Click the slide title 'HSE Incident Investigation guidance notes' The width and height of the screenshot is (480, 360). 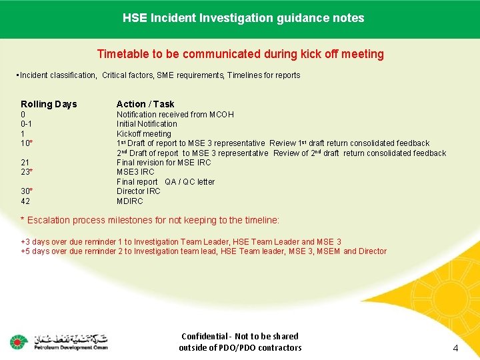(x=243, y=18)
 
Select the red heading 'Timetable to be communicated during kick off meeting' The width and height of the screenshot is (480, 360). (x=240, y=54)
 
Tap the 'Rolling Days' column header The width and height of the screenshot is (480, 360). (x=49, y=104)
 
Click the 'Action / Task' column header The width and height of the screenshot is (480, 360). (x=145, y=104)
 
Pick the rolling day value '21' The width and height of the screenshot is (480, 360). (x=25, y=163)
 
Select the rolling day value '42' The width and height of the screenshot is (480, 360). (x=25, y=201)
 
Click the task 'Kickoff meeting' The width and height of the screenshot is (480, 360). (x=143, y=134)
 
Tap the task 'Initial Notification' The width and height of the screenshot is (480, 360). (x=147, y=124)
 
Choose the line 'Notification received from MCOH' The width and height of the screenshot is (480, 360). (x=175, y=115)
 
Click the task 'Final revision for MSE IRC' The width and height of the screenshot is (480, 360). (x=163, y=163)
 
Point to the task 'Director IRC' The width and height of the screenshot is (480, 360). (x=139, y=191)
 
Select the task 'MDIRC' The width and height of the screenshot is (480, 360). (x=129, y=201)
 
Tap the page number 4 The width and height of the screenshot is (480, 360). (x=455, y=348)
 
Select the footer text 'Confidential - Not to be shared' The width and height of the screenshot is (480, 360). (x=240, y=337)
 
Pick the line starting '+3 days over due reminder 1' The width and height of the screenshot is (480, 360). (x=181, y=242)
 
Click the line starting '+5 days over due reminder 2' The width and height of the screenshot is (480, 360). (x=203, y=251)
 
